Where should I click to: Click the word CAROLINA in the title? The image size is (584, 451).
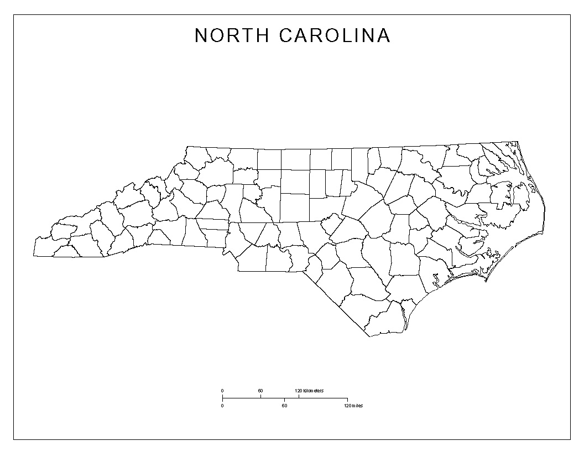click(x=335, y=35)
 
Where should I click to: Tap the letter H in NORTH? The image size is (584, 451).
click(x=263, y=35)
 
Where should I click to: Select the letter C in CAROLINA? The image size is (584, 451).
click(x=286, y=35)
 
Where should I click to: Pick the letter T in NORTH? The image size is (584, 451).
click(x=248, y=35)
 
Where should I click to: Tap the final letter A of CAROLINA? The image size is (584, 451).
click(x=384, y=35)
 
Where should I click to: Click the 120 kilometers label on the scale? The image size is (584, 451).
click(x=309, y=391)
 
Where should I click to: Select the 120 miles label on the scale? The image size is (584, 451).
click(x=352, y=406)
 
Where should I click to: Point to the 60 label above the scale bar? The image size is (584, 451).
click(x=260, y=391)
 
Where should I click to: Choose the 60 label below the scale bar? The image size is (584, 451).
click(x=284, y=406)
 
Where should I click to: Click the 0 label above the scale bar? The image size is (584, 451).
click(x=222, y=391)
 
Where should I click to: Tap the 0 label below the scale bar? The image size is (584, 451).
click(x=222, y=406)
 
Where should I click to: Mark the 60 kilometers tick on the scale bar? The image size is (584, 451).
click(x=260, y=396)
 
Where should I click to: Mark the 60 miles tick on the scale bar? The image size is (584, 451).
click(x=285, y=400)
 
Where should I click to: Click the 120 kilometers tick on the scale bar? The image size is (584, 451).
click(x=299, y=396)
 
